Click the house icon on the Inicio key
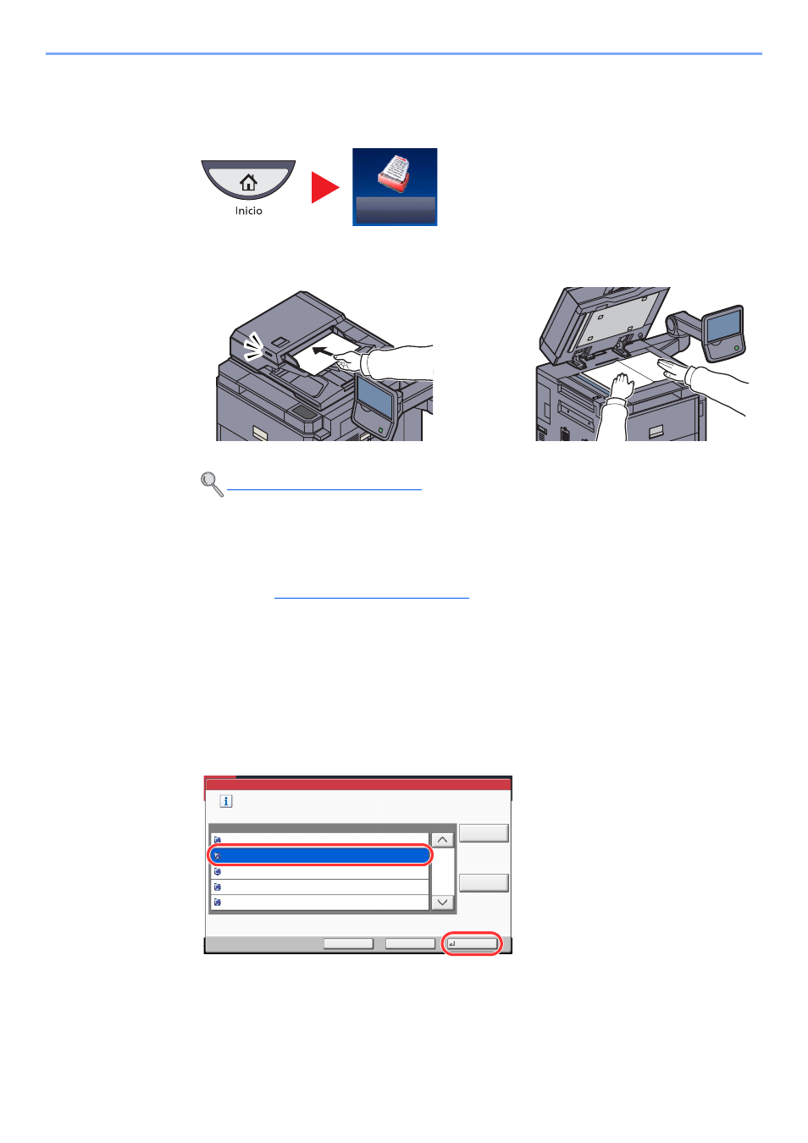[248, 182]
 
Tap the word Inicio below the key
[248, 211]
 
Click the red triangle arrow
[324, 187]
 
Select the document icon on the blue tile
[394, 174]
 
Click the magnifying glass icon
[212, 484]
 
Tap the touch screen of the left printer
[374, 396]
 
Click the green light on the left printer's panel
[381, 430]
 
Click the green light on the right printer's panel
[737, 348]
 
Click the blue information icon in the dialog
[225, 801]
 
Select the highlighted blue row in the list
[320, 855]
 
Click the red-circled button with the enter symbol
[471, 944]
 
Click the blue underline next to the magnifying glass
[324, 489]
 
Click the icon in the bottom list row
[218, 903]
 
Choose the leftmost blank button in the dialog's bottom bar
[348, 944]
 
